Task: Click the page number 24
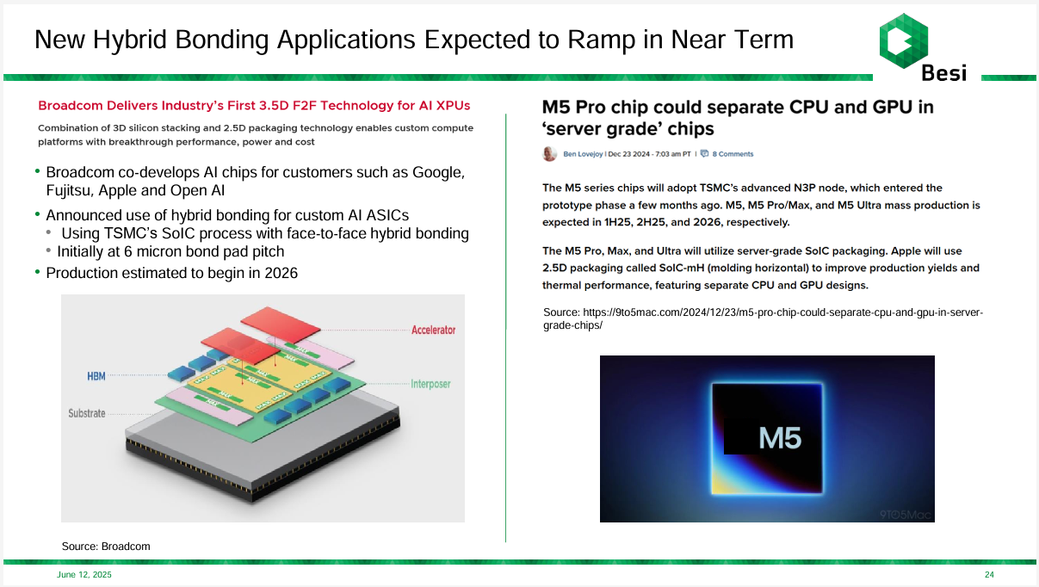989,575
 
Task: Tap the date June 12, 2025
84,575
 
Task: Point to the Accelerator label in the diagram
433,330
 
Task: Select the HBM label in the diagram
96,376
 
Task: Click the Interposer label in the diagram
430,384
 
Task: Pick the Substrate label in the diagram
87,413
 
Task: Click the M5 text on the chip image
780,439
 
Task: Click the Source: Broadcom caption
106,547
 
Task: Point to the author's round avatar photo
549,154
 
